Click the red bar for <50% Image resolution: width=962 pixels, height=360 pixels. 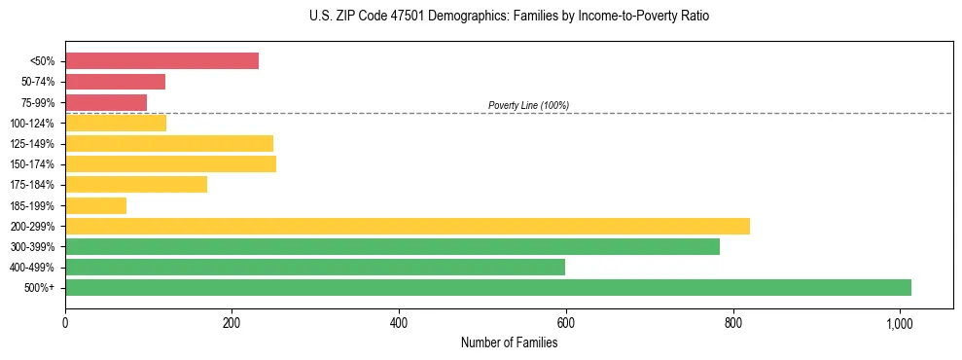161,61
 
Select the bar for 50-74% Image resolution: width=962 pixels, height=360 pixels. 115,82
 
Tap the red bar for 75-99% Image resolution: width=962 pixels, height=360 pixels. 106,102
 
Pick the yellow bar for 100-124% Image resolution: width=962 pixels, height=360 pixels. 116,123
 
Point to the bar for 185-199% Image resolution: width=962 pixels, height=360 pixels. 95,205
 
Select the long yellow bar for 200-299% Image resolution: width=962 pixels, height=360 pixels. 407,226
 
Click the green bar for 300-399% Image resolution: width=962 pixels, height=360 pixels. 392,246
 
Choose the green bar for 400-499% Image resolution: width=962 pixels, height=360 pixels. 314,267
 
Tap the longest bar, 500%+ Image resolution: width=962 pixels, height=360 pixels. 487,287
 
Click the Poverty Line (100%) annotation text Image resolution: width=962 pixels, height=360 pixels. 528,105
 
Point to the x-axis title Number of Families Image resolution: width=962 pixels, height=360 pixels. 509,342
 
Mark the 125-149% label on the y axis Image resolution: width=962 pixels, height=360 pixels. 32,144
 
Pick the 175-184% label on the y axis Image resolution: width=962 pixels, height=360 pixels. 32,185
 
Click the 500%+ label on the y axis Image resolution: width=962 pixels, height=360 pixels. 39,288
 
